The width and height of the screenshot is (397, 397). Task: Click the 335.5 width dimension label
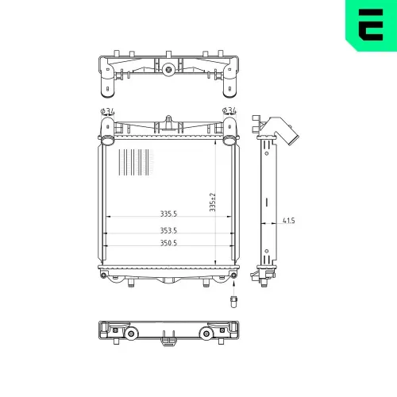click(168, 214)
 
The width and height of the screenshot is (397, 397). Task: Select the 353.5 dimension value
click(168, 230)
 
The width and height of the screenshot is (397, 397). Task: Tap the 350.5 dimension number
click(168, 243)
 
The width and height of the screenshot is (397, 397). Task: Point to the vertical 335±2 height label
click(213, 202)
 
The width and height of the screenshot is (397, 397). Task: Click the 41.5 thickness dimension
click(288, 220)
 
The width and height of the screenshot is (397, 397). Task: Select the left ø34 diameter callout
click(107, 111)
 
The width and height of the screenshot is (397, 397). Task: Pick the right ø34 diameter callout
click(229, 110)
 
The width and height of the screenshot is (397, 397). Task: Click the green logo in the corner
click(371, 25)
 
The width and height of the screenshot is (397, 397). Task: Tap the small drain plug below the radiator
click(233, 302)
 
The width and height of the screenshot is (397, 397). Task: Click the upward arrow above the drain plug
click(233, 287)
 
